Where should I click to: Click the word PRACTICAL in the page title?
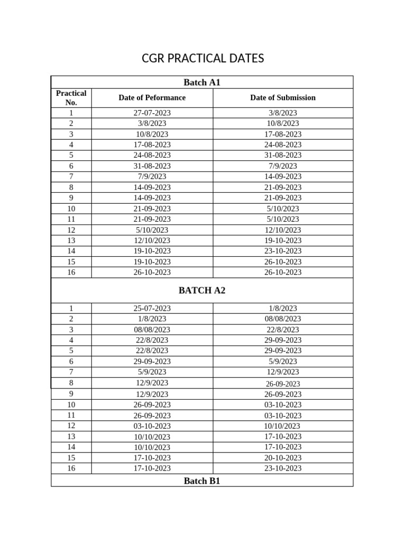click(202, 59)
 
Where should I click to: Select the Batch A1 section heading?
click(201, 82)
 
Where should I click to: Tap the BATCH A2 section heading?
click(201, 291)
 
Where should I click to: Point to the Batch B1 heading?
click(201, 481)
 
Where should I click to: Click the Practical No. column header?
click(71, 98)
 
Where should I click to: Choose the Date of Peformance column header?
click(152, 98)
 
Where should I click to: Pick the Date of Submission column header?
click(283, 98)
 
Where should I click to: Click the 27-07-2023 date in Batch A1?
click(152, 113)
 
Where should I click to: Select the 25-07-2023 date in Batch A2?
click(152, 308)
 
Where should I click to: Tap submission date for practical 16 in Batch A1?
click(283, 272)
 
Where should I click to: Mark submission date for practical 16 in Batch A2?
click(283, 468)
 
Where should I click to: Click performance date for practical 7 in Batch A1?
click(152, 176)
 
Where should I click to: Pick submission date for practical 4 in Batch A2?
click(283, 340)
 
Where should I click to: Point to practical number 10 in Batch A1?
click(71, 209)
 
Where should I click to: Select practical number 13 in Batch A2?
click(71, 436)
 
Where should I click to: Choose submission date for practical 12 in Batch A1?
click(283, 230)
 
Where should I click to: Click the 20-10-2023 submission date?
click(283, 457)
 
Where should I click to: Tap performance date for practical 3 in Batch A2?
click(152, 329)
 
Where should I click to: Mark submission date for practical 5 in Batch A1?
click(283, 155)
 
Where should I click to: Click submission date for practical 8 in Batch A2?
click(283, 384)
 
